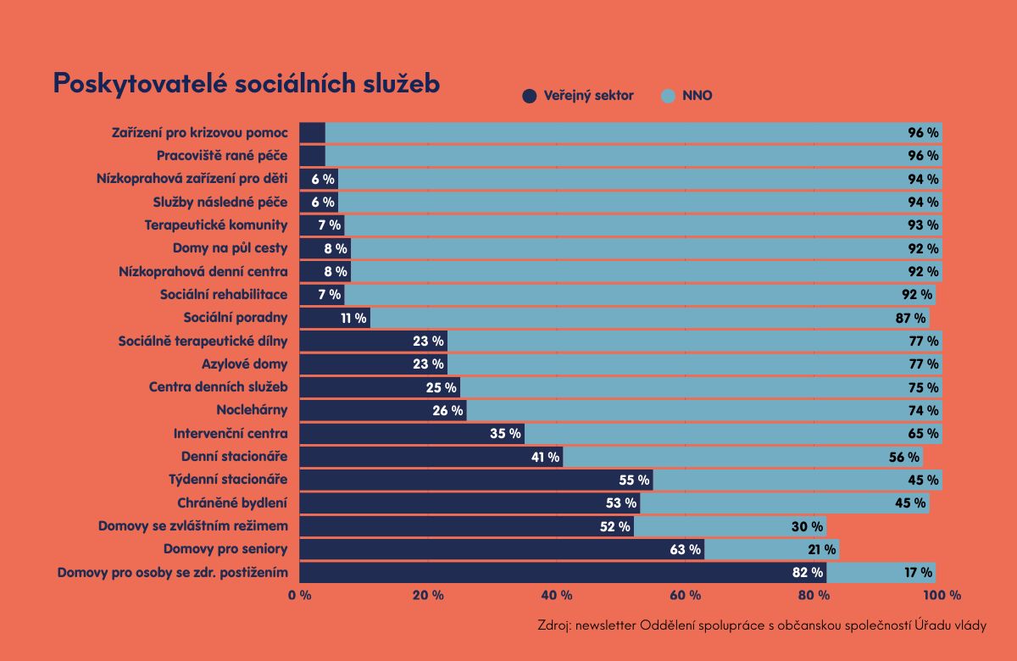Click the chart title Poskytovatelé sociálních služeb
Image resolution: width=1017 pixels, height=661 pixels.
coord(246,83)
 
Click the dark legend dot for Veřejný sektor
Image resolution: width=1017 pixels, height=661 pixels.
coord(530,97)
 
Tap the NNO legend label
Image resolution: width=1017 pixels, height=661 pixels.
coord(697,96)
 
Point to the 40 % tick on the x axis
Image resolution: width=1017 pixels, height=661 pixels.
coord(556,595)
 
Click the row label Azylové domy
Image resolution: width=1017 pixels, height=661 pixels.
coord(244,364)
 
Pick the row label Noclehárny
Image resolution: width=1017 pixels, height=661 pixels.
coord(252,410)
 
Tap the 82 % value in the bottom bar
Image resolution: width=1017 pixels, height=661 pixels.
coord(808,572)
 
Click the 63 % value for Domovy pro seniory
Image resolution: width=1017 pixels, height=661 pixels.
coord(686,549)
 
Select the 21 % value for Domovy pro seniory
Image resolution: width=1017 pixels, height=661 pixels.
coord(821,549)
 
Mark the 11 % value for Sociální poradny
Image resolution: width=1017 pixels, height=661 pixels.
coord(353,318)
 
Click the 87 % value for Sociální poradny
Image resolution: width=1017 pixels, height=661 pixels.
coord(910,318)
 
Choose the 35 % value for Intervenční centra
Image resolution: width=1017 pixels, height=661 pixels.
coord(505,433)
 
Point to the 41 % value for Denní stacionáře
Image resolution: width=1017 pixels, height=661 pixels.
coord(544,457)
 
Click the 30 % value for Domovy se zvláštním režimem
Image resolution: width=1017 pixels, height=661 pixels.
coord(808,526)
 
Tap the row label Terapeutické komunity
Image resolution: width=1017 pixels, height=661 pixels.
coord(216,225)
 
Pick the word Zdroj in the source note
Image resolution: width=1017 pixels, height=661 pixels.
coord(554,626)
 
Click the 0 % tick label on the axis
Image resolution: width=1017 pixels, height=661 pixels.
coord(300,595)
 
